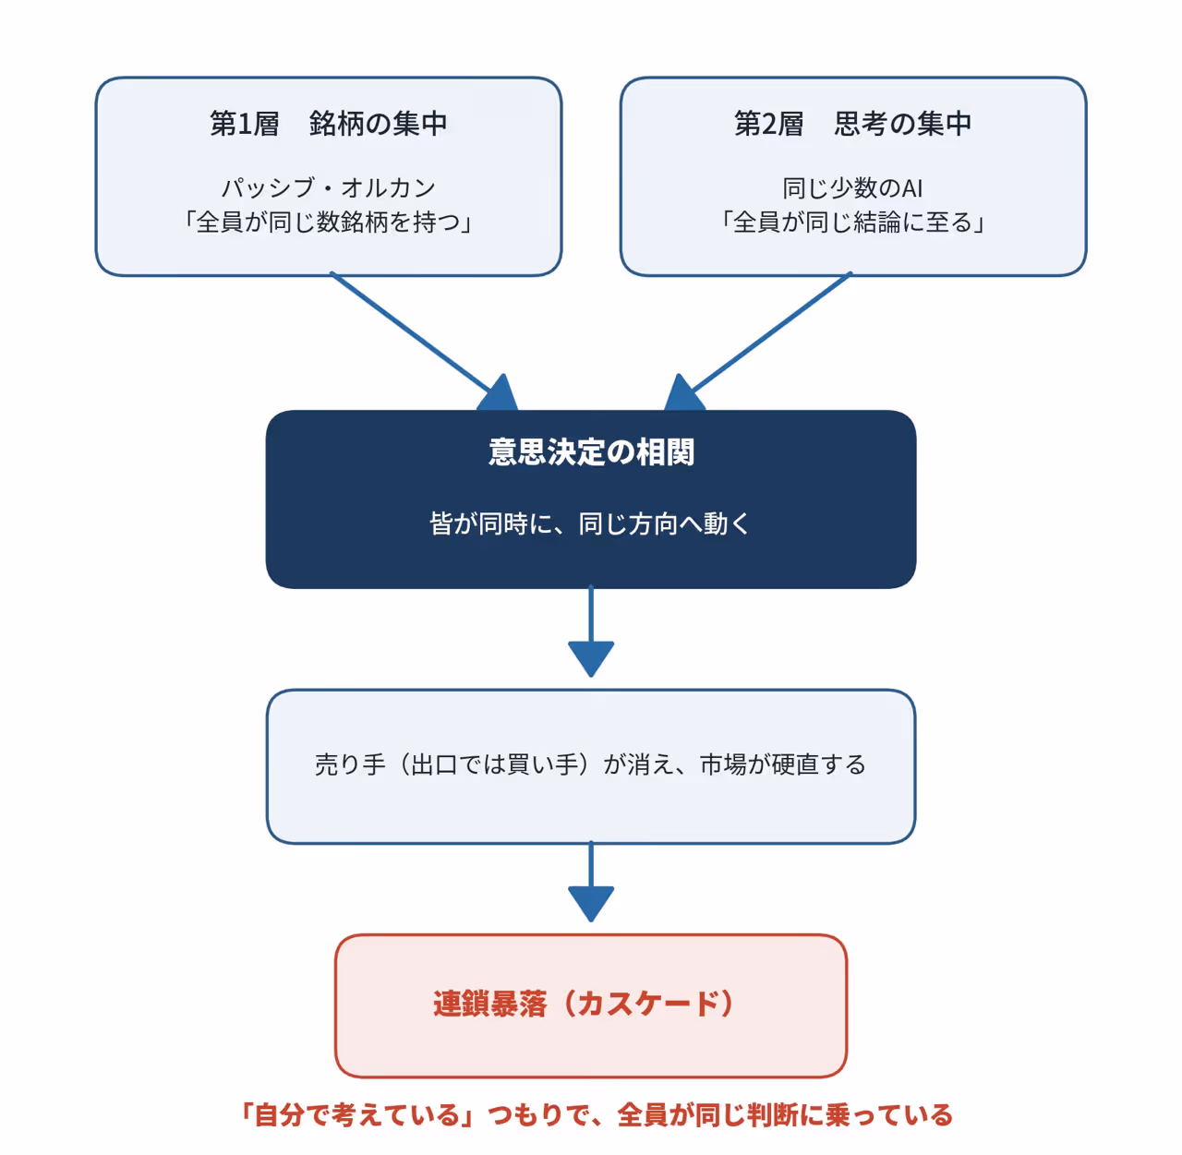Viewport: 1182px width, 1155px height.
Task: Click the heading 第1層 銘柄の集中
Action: [x=329, y=124]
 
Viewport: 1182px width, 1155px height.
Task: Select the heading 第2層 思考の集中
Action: [x=853, y=124]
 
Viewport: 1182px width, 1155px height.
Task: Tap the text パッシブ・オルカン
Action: [x=329, y=187]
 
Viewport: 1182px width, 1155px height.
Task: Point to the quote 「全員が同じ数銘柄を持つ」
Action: [x=329, y=223]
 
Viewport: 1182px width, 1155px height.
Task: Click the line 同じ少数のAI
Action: [x=852, y=188]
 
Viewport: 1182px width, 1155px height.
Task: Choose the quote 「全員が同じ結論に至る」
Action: [x=852, y=223]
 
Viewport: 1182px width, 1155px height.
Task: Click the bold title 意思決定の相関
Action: [x=591, y=452]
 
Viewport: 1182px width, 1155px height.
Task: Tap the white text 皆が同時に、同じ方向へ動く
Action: [x=590, y=523]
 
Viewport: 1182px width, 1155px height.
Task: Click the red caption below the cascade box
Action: [x=597, y=1115]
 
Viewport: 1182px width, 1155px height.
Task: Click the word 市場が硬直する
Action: [x=783, y=764]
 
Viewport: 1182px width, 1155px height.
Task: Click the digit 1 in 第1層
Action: [x=244, y=124]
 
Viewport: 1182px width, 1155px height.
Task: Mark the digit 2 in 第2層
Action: [x=768, y=124]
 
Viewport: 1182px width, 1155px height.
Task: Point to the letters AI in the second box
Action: [x=912, y=189]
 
